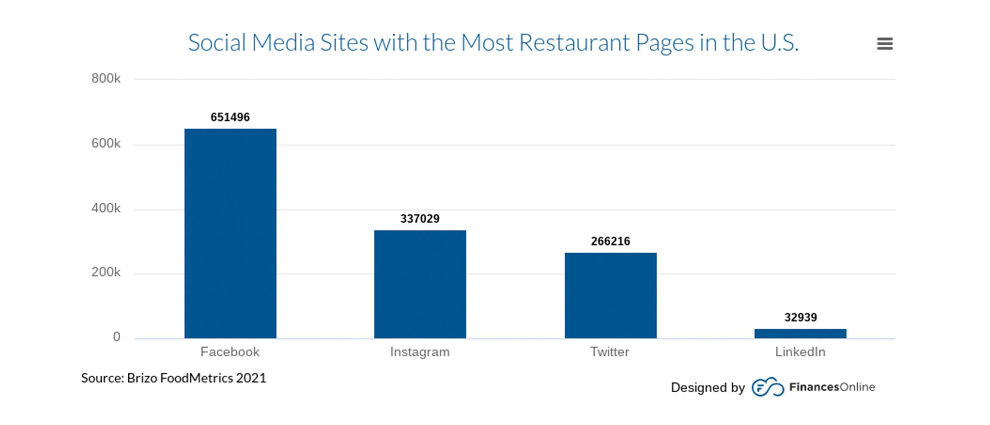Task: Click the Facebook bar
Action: click(x=230, y=233)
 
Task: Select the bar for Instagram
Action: click(x=420, y=284)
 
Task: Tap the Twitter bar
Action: click(x=610, y=295)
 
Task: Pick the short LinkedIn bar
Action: click(x=800, y=333)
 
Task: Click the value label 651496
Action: click(x=230, y=117)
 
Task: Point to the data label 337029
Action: click(x=420, y=218)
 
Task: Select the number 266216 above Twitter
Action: click(x=610, y=241)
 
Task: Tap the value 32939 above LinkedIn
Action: click(x=800, y=317)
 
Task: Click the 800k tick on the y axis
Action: click(x=106, y=79)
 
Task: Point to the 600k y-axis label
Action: click(x=106, y=143)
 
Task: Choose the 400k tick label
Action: click(x=106, y=208)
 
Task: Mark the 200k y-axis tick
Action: click(x=106, y=272)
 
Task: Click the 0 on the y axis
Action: click(x=117, y=337)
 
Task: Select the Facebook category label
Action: click(x=230, y=352)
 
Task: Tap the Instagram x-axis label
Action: click(x=420, y=352)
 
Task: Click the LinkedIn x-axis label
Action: click(x=800, y=352)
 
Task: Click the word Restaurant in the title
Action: click(x=574, y=42)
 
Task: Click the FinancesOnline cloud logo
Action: click(x=768, y=387)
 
